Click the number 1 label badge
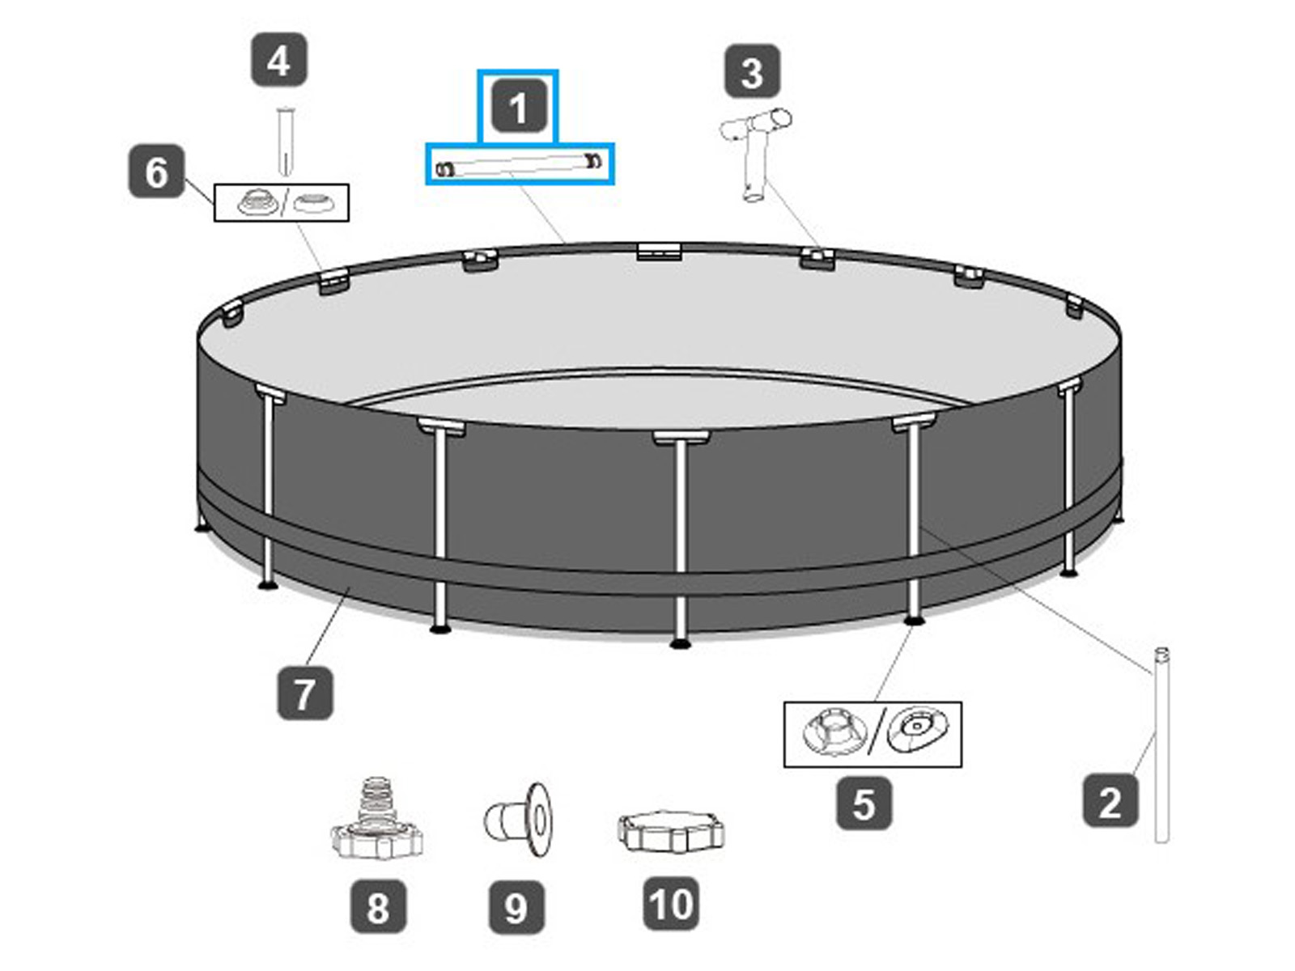(518, 108)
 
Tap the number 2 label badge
(1110, 801)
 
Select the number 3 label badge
(752, 72)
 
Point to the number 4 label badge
(278, 60)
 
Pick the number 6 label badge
(156, 172)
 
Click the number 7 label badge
(304, 693)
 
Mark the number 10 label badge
(672, 904)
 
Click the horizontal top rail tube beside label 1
(520, 164)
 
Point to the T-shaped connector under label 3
(754, 155)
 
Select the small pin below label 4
(284, 141)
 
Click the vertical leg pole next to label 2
(1161, 744)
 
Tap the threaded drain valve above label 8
(376, 818)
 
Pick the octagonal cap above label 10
(670, 830)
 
